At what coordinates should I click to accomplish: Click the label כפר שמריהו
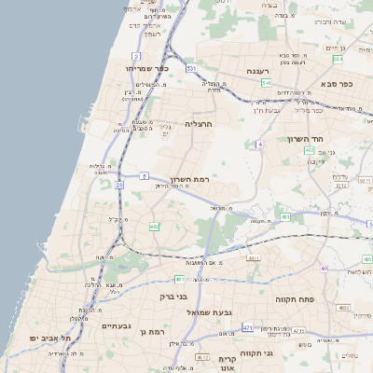(x=151, y=68)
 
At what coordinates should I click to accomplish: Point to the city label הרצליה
(x=199, y=123)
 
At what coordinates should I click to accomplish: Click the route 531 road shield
(x=190, y=68)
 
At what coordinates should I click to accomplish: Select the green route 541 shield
(x=267, y=83)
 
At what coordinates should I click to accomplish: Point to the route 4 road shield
(x=262, y=145)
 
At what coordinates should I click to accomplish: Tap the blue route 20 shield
(x=119, y=185)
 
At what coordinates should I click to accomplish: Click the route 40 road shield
(x=324, y=269)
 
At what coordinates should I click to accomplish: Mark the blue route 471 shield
(x=247, y=328)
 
